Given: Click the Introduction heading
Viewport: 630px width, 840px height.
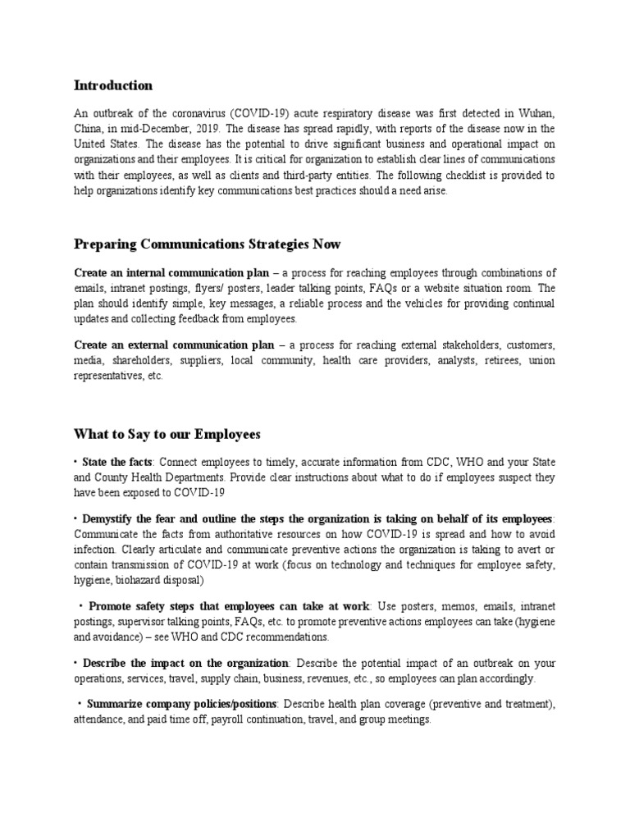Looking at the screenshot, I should (x=113, y=85).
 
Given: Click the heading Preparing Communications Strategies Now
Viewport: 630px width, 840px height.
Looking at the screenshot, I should (x=208, y=244).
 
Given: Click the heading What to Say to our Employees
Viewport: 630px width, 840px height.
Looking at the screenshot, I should (x=178, y=433).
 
